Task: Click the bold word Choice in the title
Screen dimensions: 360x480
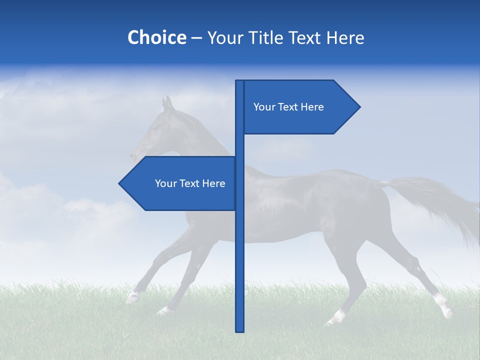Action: pos(156,37)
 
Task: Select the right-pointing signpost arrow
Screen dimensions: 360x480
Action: pos(300,107)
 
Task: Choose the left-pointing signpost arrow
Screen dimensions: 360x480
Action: pos(180,183)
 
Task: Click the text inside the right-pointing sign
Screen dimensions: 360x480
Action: pos(288,107)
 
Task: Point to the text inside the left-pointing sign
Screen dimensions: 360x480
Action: pos(190,183)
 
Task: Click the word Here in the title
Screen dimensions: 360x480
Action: pos(345,37)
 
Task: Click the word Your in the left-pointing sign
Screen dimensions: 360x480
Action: pos(165,183)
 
